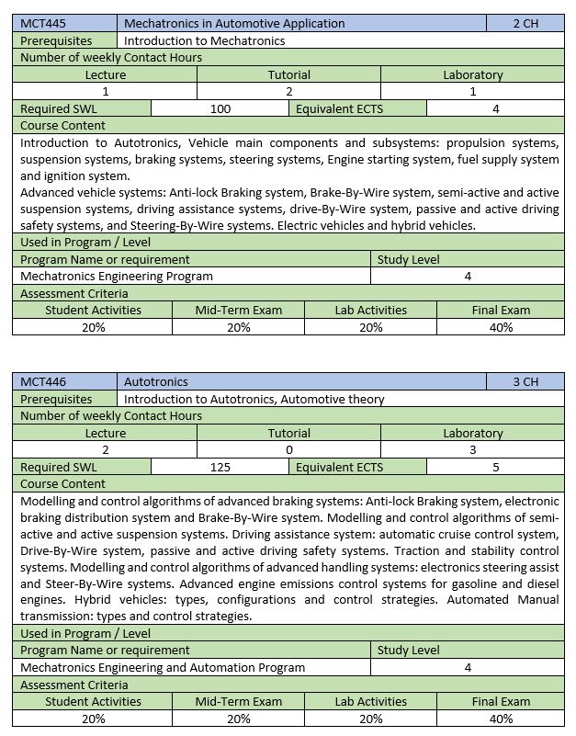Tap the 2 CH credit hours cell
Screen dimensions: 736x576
tap(525, 23)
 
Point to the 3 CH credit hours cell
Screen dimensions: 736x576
tap(525, 381)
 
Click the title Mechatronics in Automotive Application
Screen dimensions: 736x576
tap(234, 23)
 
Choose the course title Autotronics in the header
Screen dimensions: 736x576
tap(156, 381)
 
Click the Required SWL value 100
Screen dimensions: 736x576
tap(220, 108)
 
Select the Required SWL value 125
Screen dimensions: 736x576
tap(220, 467)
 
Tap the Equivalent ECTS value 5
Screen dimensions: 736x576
tap(495, 467)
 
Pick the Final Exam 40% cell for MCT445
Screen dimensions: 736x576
tap(501, 327)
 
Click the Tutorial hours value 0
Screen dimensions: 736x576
tap(289, 449)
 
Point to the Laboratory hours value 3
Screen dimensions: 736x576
tap(472, 449)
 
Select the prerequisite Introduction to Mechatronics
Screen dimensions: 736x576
tap(204, 40)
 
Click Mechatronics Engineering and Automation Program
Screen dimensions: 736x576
tap(163, 667)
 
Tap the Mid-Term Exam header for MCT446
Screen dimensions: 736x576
tap(239, 701)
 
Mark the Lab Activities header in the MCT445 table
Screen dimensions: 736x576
tap(370, 310)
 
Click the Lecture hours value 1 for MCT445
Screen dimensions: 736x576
tap(106, 91)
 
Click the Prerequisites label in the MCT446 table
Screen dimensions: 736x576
tap(56, 399)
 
